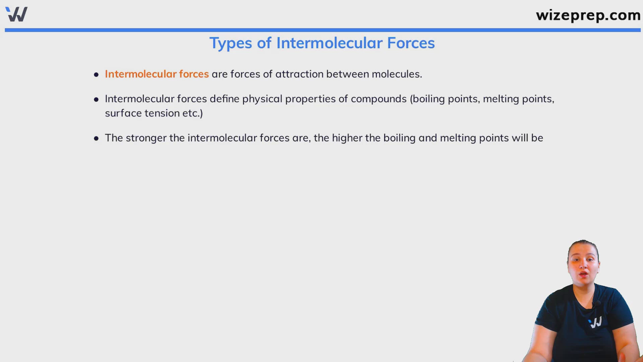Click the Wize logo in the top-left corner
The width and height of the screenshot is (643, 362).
click(x=16, y=14)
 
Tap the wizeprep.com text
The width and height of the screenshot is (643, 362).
click(x=588, y=15)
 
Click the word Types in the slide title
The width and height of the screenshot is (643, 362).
click(x=231, y=43)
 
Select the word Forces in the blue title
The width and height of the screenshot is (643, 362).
click(x=411, y=43)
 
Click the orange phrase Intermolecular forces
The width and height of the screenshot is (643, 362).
click(x=157, y=74)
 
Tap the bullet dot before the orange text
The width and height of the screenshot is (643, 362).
click(x=96, y=74)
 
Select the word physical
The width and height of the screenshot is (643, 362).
click(x=262, y=99)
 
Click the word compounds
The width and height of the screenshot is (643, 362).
click(x=379, y=99)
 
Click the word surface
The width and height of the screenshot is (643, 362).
click(x=123, y=113)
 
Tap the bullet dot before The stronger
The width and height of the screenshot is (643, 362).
click(x=96, y=138)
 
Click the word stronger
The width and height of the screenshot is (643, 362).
click(x=146, y=138)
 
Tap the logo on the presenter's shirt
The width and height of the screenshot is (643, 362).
click(x=595, y=322)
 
